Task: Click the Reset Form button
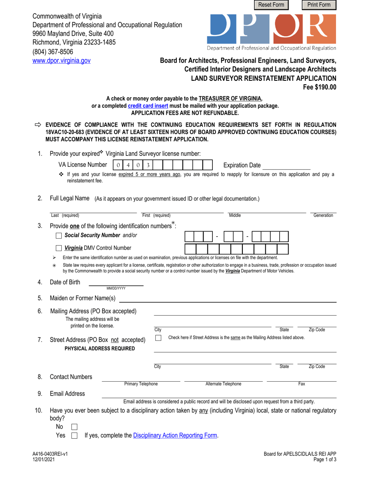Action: point(272,5)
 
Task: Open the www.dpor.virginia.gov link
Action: point(61,61)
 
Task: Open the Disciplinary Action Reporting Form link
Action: point(175,436)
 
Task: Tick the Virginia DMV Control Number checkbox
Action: point(59,248)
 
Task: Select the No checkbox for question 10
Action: point(75,427)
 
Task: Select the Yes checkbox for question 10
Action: point(75,436)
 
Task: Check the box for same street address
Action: point(158,338)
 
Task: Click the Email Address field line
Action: point(219,394)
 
